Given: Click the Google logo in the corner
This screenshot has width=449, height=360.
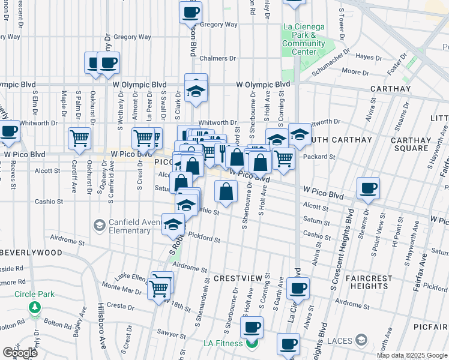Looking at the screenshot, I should (19, 353).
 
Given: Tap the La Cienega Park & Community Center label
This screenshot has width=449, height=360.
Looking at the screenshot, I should (304, 39).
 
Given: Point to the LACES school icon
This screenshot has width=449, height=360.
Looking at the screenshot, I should (361, 341).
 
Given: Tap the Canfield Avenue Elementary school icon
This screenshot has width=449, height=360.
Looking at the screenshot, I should (98, 226).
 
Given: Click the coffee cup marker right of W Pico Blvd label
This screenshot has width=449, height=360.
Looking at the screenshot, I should (368, 188).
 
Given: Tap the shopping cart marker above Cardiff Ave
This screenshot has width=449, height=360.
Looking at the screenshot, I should (79, 138).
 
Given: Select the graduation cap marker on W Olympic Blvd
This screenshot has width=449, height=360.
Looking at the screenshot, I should (196, 91).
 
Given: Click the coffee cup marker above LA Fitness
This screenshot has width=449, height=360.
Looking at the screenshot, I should (252, 327).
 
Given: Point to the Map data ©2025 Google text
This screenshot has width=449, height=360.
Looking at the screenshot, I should (411, 355).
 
